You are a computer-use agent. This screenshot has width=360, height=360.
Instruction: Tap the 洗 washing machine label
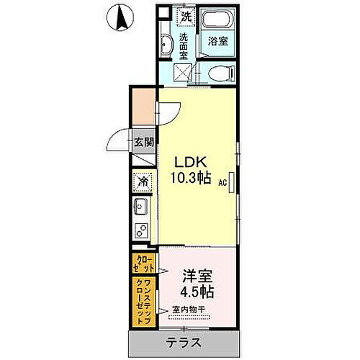tap(186, 16)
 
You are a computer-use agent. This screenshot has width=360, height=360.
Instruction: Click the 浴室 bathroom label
tap(219, 41)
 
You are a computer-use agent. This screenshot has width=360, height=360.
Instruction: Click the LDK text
tap(191, 161)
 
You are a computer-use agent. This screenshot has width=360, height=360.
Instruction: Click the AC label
tap(224, 183)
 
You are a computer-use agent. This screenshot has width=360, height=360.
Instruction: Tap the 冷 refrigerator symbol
tap(143, 183)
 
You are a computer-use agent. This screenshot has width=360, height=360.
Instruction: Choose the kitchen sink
tap(141, 209)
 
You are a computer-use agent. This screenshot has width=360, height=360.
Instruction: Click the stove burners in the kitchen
tap(142, 232)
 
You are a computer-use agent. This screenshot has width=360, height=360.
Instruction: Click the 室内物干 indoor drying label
tap(189, 311)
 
